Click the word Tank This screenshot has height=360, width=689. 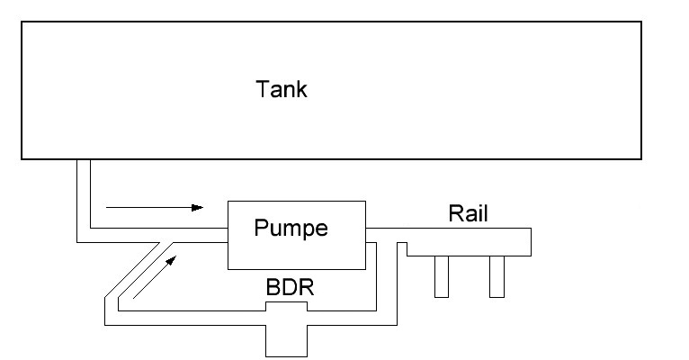282,89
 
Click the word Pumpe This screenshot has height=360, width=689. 291,228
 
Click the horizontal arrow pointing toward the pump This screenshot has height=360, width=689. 154,207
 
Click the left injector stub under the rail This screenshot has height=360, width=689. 441,276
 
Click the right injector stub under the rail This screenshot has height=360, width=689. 497,276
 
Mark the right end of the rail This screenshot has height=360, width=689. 530,241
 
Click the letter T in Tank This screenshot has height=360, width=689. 263,89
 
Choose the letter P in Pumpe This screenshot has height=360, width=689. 261,227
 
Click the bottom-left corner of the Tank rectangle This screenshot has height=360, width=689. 22,158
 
